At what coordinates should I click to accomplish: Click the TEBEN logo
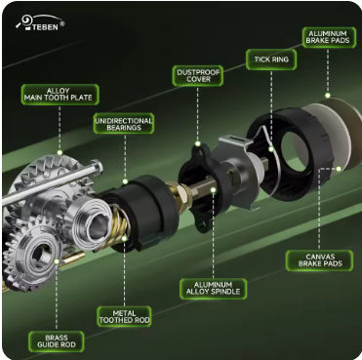coord(40,22)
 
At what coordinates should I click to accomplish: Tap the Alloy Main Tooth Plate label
coord(60,95)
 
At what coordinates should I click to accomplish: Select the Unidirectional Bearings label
coord(124,123)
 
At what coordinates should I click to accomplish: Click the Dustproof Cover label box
coord(198,76)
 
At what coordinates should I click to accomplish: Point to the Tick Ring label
coord(271,60)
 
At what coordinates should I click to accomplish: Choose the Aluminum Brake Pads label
coord(328,37)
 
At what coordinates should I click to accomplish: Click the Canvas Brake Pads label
coord(319,260)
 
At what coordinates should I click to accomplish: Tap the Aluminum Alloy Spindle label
coord(213,289)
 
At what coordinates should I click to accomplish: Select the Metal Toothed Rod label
coord(124,316)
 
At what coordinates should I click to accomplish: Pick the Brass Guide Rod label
coord(57,341)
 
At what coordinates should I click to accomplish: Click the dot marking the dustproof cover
coord(198,143)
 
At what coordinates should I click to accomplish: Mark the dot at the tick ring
coord(271,149)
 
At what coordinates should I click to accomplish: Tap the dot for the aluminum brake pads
coord(328,96)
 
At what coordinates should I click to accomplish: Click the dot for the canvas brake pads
coord(339,169)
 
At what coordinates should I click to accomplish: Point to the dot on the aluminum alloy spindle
coord(214,190)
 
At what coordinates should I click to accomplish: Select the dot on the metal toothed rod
coord(124,239)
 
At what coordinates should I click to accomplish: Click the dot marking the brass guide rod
coord(57,261)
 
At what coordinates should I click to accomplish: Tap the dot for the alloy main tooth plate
coord(60,152)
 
